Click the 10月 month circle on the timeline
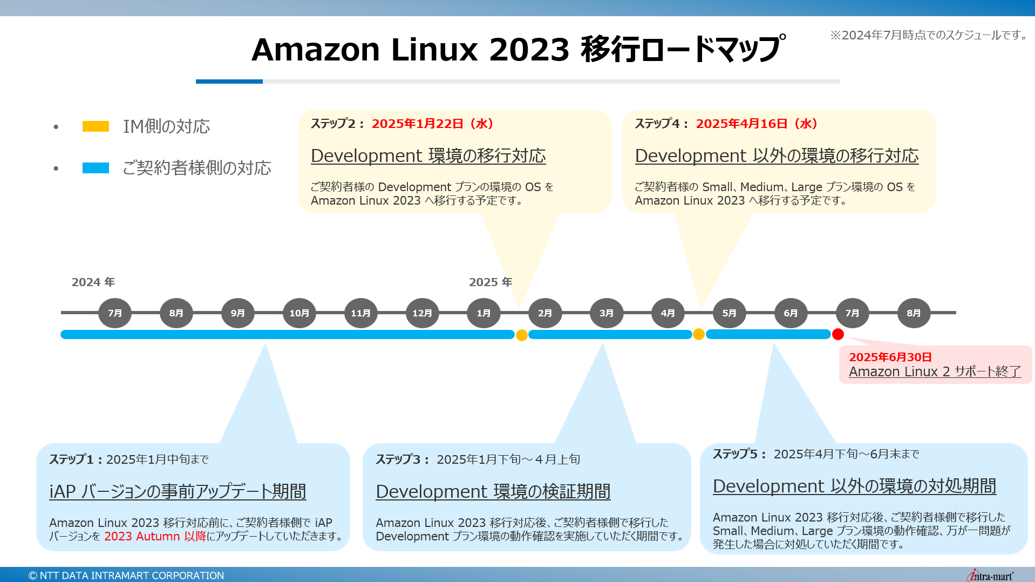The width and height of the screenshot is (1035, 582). (x=299, y=313)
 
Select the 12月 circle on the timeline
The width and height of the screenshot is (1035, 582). (x=422, y=313)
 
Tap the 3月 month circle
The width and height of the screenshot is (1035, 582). (x=607, y=313)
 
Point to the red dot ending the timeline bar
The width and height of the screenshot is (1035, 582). (x=837, y=335)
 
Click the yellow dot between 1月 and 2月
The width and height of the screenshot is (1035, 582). (x=521, y=335)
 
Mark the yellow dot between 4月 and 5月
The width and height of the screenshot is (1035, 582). (x=698, y=334)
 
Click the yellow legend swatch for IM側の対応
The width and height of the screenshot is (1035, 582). (x=96, y=126)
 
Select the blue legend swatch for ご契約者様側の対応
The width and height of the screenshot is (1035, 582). (x=96, y=168)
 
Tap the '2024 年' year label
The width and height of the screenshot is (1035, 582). (x=93, y=282)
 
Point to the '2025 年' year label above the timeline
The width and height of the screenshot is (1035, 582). (x=491, y=282)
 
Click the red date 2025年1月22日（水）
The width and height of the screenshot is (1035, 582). (x=432, y=124)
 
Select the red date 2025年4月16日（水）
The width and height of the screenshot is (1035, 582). (x=757, y=124)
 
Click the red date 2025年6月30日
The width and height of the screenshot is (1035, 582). (x=890, y=357)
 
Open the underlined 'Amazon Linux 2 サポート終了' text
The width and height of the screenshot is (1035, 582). (x=935, y=372)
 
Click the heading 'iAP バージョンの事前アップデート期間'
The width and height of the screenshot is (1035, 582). (x=178, y=491)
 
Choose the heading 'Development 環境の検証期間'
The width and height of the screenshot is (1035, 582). (x=493, y=491)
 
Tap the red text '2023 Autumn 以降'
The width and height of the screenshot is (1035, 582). (x=155, y=536)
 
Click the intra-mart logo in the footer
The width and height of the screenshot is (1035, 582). (x=990, y=576)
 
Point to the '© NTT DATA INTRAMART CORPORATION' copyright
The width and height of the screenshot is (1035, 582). (x=126, y=576)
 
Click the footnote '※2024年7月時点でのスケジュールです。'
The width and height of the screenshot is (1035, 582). (x=929, y=35)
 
